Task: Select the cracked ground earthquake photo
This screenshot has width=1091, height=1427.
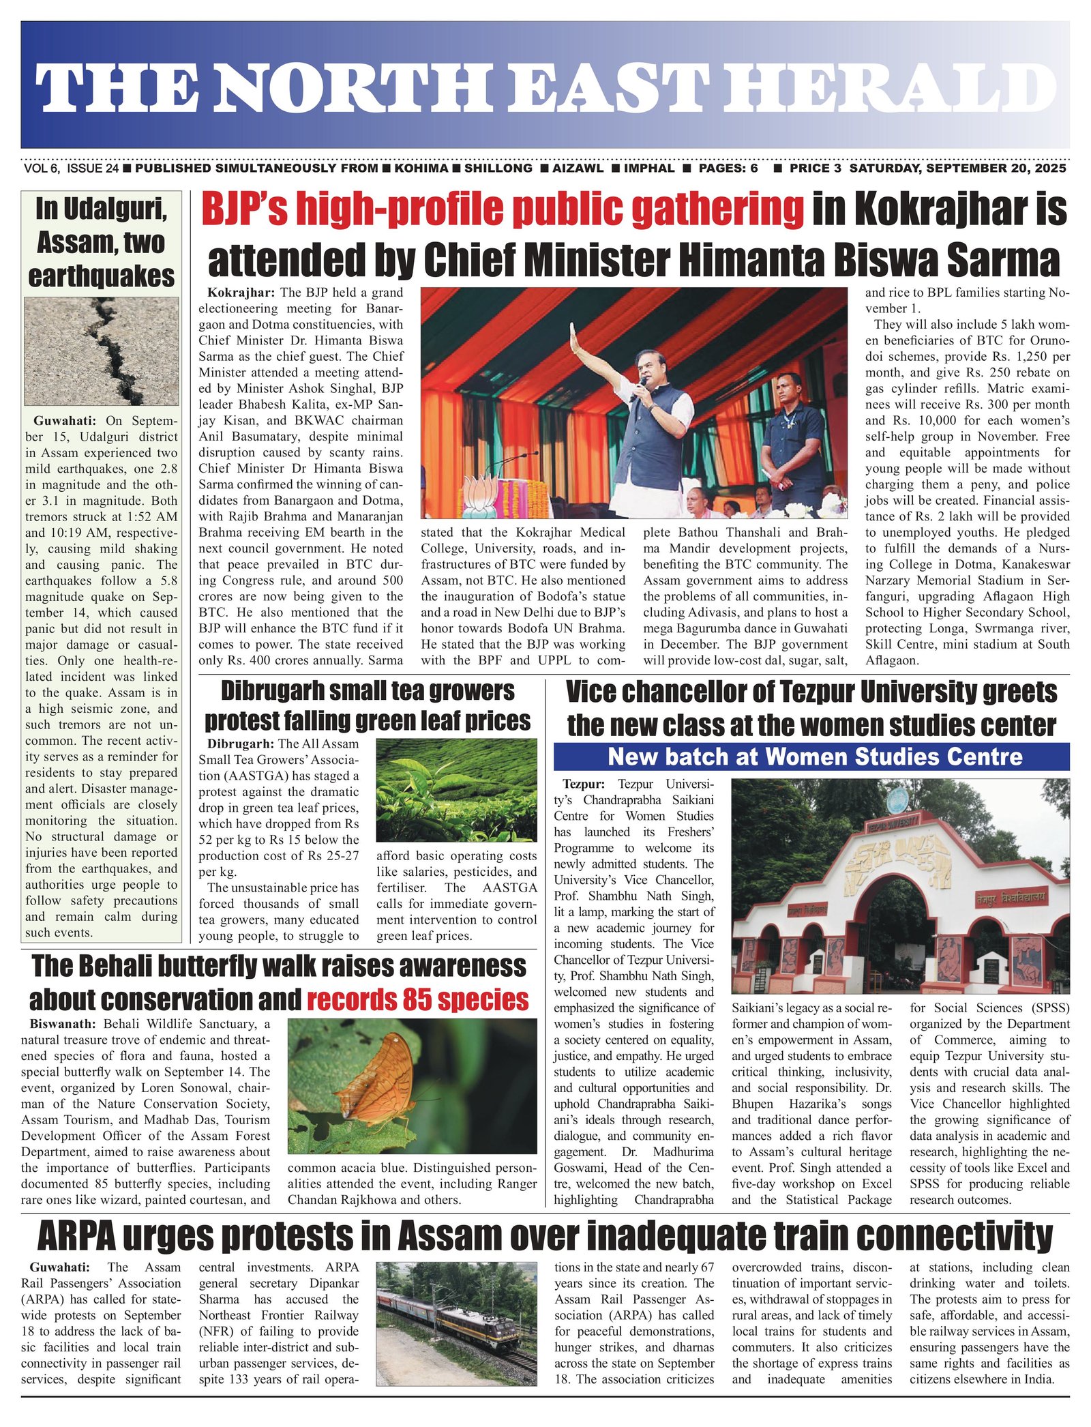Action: (x=102, y=351)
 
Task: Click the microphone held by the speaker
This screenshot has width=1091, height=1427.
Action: (x=642, y=388)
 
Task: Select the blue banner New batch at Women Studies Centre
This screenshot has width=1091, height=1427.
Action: (x=811, y=756)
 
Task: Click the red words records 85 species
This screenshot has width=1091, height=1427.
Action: (x=417, y=999)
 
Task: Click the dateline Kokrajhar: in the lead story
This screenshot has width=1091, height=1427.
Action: (x=241, y=293)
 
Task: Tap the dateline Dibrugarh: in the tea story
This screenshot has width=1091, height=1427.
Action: (x=241, y=744)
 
